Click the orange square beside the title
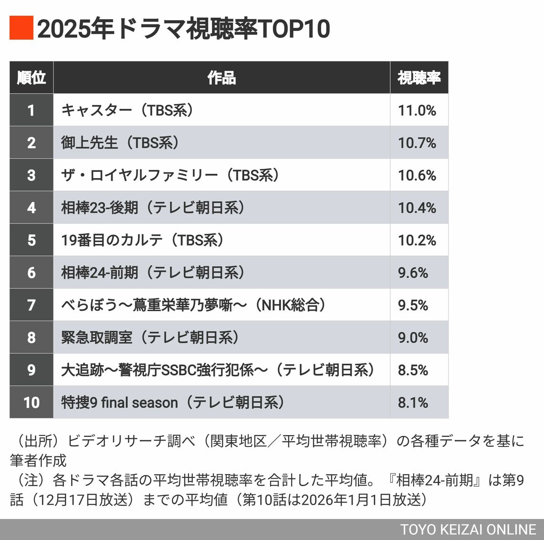[21, 28]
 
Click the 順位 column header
[31, 77]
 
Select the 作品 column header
[221, 77]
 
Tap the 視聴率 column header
[419, 77]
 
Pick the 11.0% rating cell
[417, 110]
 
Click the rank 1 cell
[31, 110]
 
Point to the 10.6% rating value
[417, 175]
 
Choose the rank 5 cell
[31, 240]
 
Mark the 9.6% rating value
[413, 273]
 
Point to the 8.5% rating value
[413, 370]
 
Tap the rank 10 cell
[31, 402]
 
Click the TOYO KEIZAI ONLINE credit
[468, 529]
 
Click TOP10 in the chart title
[294, 29]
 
